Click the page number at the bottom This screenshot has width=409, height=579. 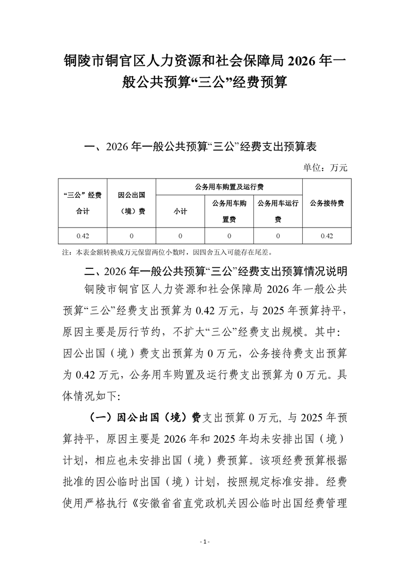(x=205, y=541)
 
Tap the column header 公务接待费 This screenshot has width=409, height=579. (x=327, y=203)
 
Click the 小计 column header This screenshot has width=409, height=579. (x=181, y=212)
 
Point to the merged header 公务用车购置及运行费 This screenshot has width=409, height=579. (x=230, y=187)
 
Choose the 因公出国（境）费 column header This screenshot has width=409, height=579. (x=132, y=203)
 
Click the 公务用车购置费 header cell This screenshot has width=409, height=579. (x=230, y=212)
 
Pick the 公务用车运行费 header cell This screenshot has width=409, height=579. (x=278, y=212)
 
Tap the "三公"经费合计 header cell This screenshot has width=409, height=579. (x=83, y=203)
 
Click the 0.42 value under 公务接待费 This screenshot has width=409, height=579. (x=327, y=236)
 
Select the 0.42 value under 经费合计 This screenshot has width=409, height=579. (x=83, y=236)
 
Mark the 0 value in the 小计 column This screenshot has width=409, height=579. (x=181, y=236)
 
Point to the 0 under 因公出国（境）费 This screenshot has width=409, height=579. (x=132, y=236)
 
